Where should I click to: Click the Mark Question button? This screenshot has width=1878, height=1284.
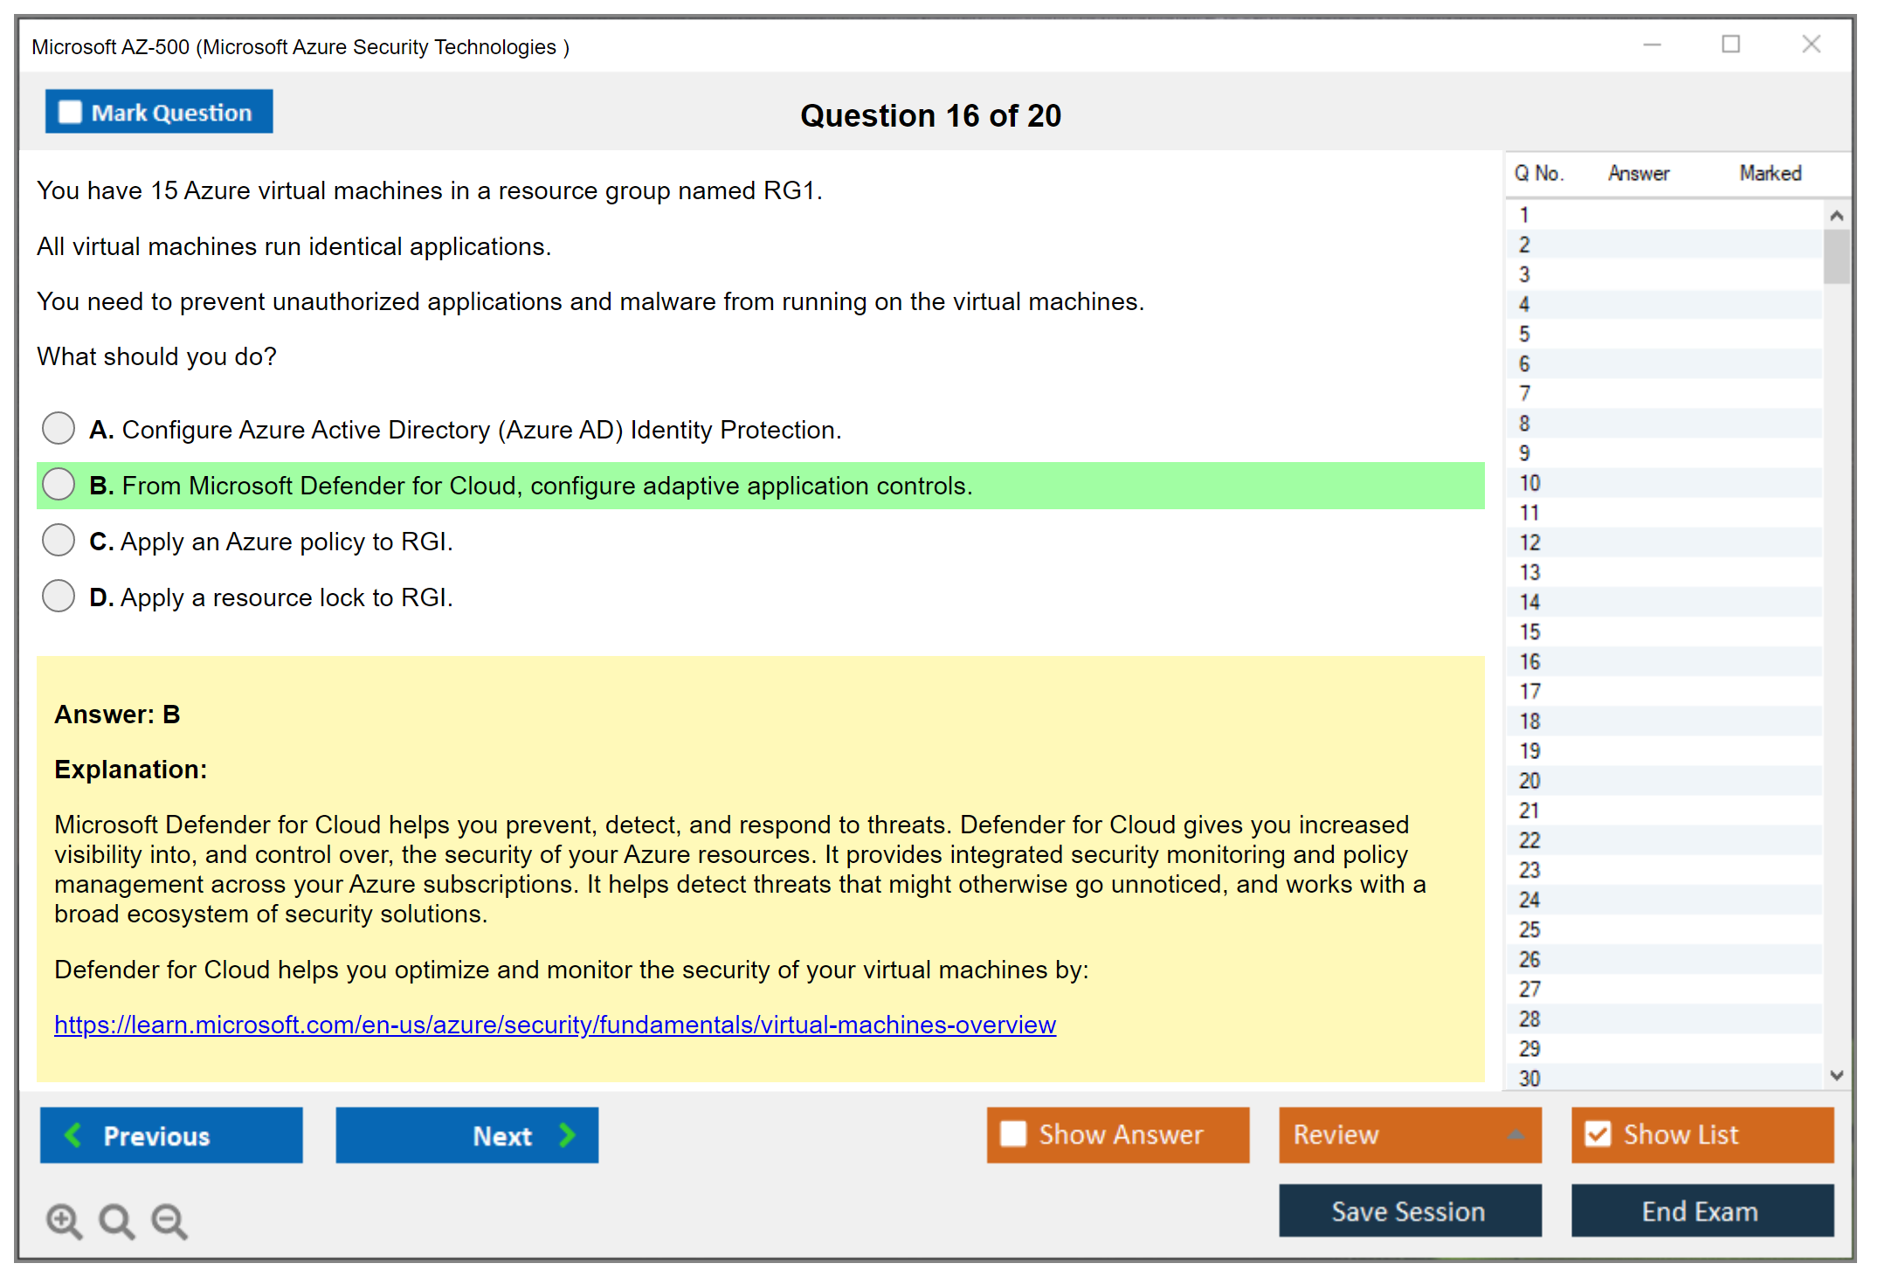(159, 112)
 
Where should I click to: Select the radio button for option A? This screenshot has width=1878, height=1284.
(59, 428)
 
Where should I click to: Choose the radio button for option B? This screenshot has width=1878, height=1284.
(59, 484)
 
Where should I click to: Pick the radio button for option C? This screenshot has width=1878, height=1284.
(59, 540)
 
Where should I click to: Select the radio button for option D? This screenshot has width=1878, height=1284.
(59, 596)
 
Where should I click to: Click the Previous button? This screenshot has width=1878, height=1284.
(171, 1135)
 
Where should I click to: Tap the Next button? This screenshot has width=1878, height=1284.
(467, 1135)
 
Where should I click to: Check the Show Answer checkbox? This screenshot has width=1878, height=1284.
(1013, 1134)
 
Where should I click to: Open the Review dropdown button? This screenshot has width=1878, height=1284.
(1410, 1135)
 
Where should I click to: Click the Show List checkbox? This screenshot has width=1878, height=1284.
(1598, 1134)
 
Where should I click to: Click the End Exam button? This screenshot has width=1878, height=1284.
(1702, 1211)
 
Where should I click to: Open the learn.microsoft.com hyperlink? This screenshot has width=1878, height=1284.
(556, 1025)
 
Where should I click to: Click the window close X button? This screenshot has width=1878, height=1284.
(1812, 44)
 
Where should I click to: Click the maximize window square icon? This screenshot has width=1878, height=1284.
(1731, 44)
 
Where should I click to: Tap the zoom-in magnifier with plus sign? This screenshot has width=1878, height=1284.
(65, 1221)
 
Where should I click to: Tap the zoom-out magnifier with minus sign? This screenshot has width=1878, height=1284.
(169, 1221)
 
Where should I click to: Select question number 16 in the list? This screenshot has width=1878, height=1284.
(1529, 661)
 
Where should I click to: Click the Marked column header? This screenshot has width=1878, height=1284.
(1771, 173)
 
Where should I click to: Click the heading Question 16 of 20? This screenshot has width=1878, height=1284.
(931, 115)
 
